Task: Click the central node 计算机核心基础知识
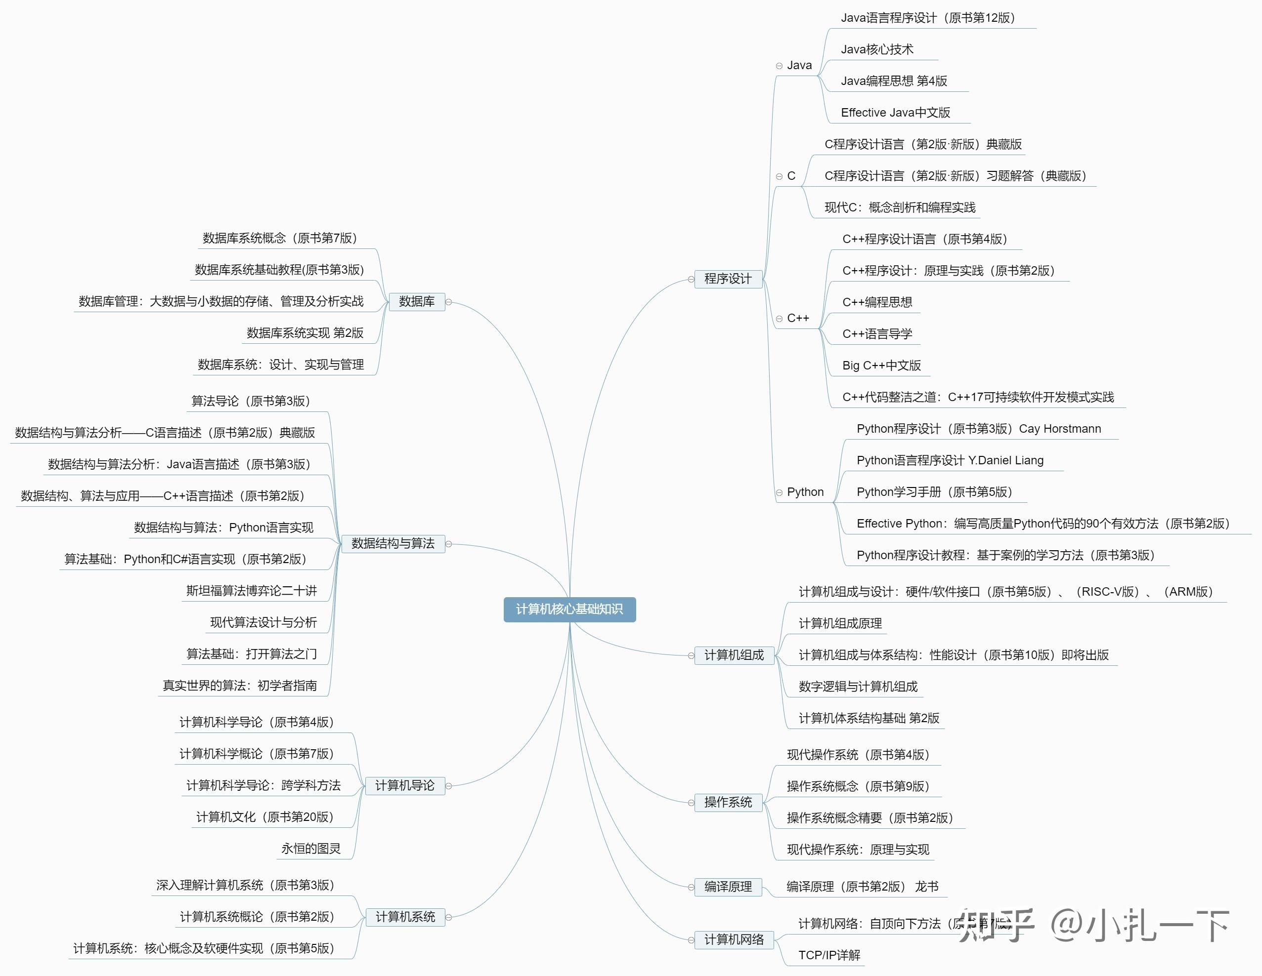coord(569,610)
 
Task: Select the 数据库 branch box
coord(417,301)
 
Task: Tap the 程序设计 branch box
coord(728,279)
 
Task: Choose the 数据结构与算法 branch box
coord(393,543)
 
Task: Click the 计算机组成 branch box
coord(734,655)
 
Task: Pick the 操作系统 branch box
coord(728,802)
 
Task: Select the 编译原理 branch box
coord(728,887)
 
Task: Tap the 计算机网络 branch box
coord(734,939)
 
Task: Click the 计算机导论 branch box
coord(404,785)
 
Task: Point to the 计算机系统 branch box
coord(405,917)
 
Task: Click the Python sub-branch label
coord(805,492)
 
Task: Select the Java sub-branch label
coord(799,65)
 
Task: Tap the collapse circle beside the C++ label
coord(779,319)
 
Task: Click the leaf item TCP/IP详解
coord(829,955)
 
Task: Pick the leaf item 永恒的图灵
coord(311,849)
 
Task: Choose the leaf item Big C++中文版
coord(881,366)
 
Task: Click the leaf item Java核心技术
coord(876,50)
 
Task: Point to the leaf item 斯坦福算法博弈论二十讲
coord(251,591)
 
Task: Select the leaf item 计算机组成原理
coord(839,624)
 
